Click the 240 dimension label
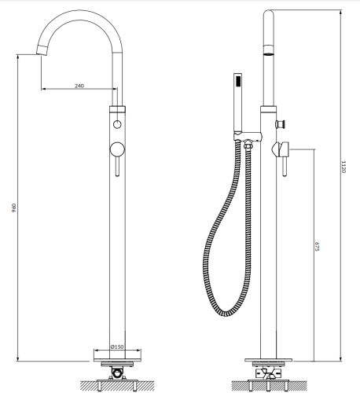[x=80, y=85]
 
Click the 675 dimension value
[x=317, y=246]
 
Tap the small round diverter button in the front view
[x=116, y=126]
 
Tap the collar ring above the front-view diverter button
[x=116, y=108]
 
